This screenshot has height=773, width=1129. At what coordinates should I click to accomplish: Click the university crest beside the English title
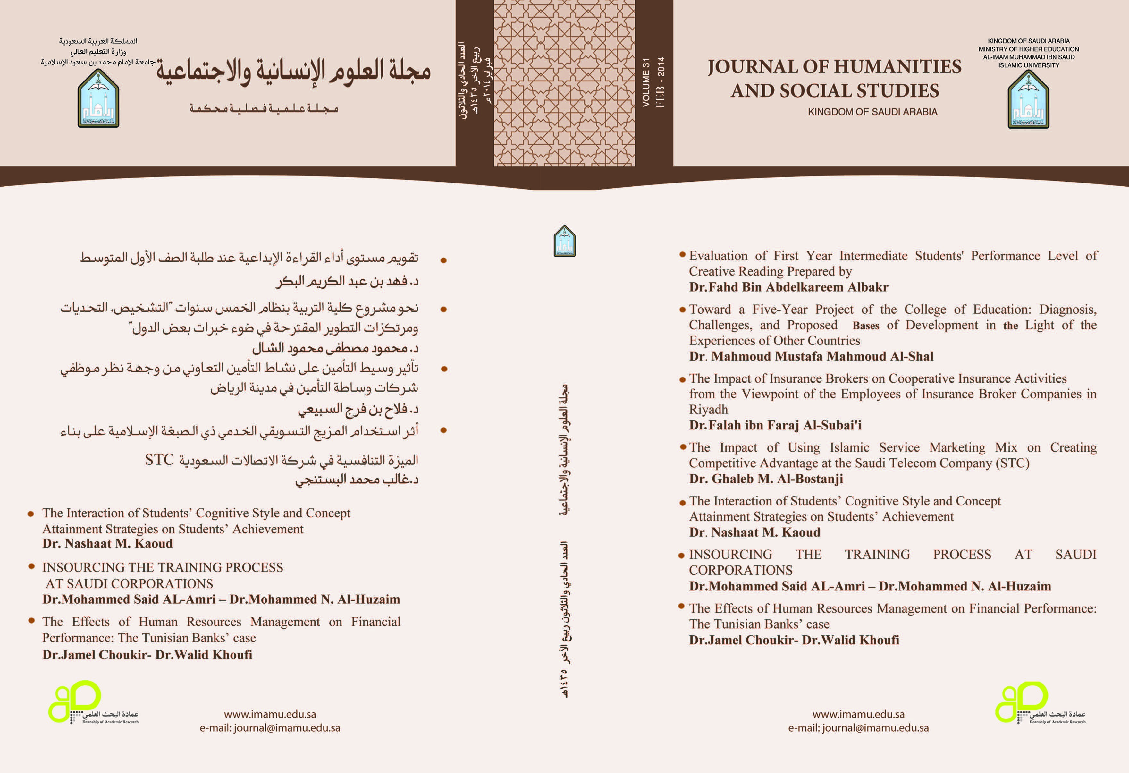click(1028, 100)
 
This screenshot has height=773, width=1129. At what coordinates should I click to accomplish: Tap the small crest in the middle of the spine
click(564, 241)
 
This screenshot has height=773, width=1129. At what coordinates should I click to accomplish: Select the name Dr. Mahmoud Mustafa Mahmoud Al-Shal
click(811, 356)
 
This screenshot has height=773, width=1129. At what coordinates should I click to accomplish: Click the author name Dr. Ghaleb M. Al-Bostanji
click(766, 479)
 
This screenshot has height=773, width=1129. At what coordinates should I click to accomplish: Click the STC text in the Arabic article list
click(159, 460)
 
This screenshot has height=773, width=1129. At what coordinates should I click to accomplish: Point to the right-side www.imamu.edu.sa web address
click(858, 714)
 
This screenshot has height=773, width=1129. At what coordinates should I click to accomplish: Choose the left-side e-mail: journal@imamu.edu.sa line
click(270, 728)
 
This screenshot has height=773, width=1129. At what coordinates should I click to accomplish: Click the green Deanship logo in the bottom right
click(1022, 702)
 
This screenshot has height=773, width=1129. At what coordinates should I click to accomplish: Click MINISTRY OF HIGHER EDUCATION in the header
click(1028, 49)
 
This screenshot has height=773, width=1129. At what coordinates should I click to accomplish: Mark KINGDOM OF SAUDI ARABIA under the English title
click(872, 112)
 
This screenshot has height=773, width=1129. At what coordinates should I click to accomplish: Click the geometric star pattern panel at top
click(564, 83)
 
